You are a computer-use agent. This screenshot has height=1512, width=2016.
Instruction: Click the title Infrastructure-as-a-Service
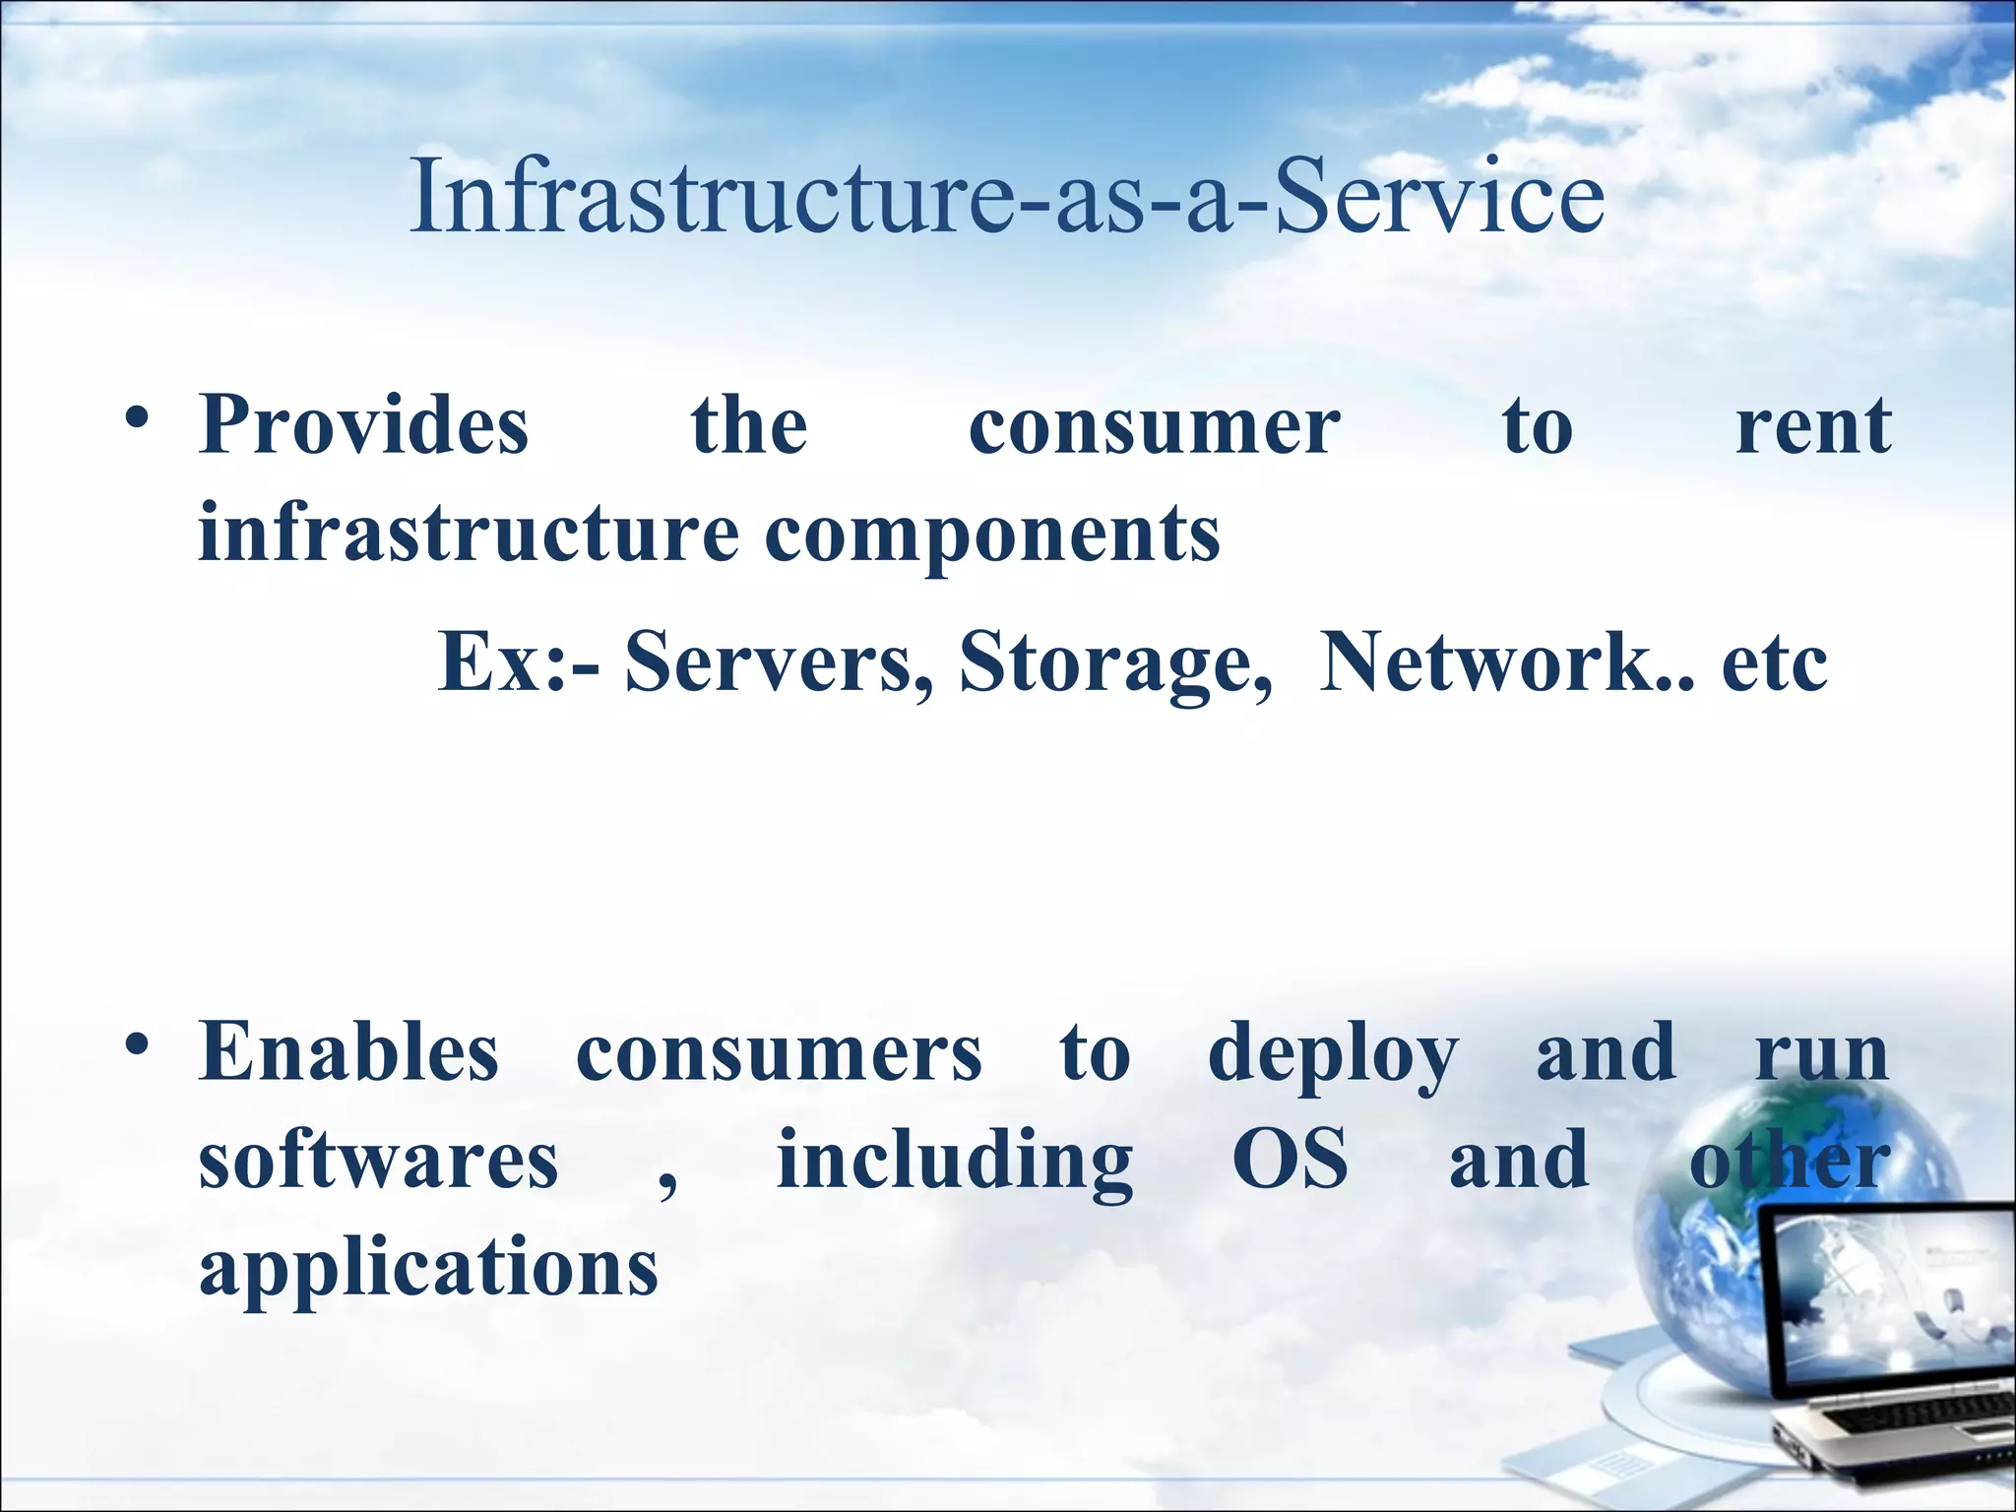(x=1006, y=196)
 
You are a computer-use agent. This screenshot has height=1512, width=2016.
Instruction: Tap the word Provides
(x=364, y=426)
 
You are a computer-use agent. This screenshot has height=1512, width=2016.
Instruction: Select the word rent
(x=1813, y=428)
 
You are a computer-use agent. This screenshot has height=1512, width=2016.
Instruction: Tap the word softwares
(x=379, y=1162)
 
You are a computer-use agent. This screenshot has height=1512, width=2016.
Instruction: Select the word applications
(x=428, y=1270)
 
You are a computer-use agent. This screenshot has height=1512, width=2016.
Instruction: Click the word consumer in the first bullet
(x=1154, y=428)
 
